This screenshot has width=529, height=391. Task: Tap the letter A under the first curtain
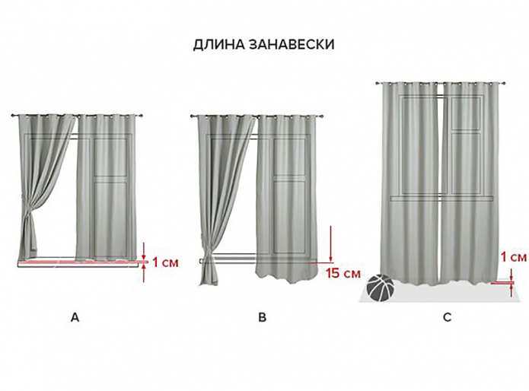[75, 318]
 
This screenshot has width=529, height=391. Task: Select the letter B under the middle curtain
[263, 318]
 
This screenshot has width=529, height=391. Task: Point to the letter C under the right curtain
[448, 318]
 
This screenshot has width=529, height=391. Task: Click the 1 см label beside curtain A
[165, 263]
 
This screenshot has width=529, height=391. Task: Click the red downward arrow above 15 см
[331, 242]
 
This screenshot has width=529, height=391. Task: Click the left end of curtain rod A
[15, 115]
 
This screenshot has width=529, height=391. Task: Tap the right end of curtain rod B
[325, 116]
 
